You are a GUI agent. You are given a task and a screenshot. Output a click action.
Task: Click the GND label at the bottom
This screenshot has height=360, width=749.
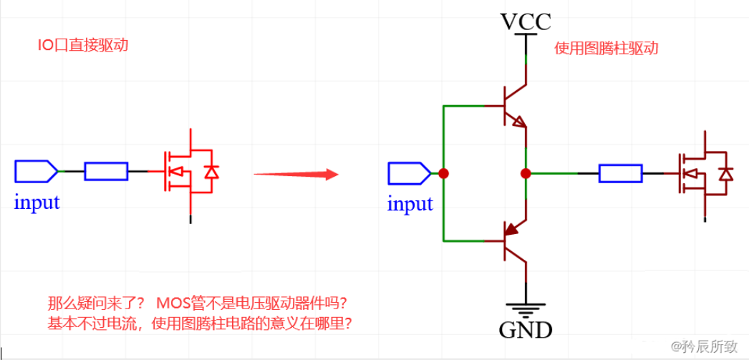(x=526, y=330)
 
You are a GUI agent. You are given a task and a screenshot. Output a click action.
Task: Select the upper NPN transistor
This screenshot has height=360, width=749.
(x=513, y=107)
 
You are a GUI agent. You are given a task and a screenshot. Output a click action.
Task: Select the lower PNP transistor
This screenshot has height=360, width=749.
(x=513, y=239)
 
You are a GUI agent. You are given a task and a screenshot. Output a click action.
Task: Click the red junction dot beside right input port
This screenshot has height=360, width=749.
(x=444, y=173)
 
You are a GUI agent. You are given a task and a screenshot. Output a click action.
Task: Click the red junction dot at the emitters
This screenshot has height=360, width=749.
(x=526, y=173)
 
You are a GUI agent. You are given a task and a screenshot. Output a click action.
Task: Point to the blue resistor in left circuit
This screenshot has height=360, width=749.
(x=106, y=171)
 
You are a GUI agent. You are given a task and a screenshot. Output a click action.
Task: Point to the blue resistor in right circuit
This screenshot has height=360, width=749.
(x=620, y=173)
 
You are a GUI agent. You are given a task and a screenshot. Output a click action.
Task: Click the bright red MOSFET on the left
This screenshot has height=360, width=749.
(x=188, y=172)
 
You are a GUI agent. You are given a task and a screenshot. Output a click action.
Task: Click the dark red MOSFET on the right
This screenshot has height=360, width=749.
(x=705, y=173)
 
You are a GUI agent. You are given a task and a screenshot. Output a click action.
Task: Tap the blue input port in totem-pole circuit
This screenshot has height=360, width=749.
(x=409, y=173)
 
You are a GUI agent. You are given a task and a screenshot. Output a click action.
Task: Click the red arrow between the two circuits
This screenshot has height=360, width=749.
(x=295, y=174)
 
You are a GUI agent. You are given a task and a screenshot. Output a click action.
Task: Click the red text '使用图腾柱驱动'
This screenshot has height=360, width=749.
(x=606, y=49)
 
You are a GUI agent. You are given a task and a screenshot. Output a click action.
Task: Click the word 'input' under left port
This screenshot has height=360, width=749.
(x=37, y=203)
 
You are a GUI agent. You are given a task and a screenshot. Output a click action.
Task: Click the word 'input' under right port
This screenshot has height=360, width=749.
(x=410, y=204)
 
